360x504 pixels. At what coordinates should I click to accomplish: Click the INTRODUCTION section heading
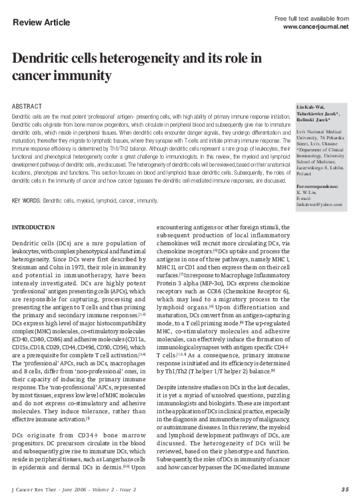point(35,229)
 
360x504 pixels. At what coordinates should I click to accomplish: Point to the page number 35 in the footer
point(343,490)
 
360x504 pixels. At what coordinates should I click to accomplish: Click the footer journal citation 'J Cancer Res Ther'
point(37,490)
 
